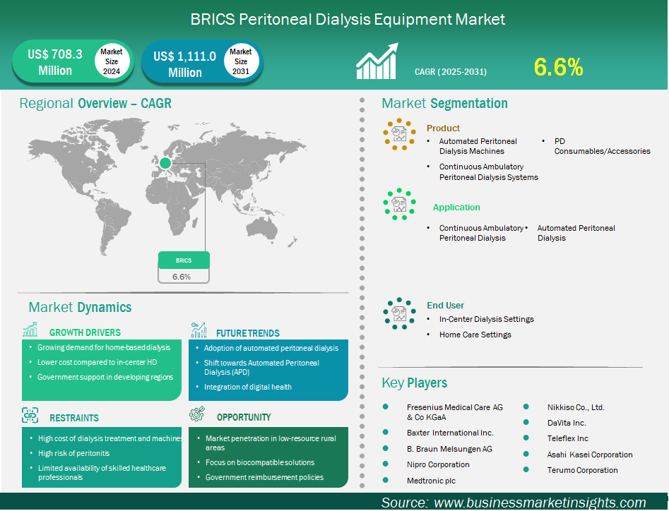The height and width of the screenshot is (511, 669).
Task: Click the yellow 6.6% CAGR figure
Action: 558,67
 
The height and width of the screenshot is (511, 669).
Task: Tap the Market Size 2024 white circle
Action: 112,61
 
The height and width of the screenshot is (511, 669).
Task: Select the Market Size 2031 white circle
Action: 241,61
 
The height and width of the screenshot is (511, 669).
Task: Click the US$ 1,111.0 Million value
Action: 185,64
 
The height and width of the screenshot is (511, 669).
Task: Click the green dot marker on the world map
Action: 165,163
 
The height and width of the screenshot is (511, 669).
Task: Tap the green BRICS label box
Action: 184,260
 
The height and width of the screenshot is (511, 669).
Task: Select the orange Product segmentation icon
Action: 399,134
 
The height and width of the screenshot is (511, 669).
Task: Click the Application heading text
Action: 456,207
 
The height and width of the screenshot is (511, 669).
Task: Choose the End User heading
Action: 446,305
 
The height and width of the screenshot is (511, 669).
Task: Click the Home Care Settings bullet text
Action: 475,335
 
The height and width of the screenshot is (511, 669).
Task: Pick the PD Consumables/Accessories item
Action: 603,146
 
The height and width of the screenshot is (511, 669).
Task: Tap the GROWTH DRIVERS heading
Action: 85,332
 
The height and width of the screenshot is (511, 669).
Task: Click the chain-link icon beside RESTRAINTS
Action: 30,415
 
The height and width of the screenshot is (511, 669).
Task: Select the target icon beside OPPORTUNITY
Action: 197,414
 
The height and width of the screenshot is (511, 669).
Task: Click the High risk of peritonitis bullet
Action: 73,453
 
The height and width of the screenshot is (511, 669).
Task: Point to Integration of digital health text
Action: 248,387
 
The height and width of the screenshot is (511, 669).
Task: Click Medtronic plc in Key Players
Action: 432,481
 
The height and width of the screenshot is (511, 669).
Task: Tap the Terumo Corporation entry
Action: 582,470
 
